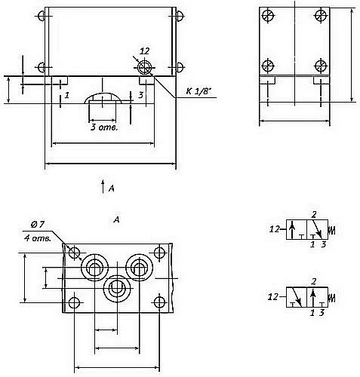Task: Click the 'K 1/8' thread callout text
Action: (198, 91)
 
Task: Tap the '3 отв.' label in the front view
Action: (104, 127)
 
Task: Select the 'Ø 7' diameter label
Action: (38, 225)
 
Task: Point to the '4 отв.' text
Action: (38, 238)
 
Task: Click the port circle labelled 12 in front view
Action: (145, 67)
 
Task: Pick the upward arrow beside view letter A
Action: (103, 187)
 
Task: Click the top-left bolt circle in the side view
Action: (268, 16)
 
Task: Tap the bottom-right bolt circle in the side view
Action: (321, 66)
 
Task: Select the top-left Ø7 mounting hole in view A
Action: (75, 253)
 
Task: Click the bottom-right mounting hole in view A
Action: (159, 302)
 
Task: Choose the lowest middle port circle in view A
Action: (117, 289)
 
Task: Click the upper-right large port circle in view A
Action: (139, 268)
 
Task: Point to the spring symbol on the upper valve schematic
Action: (332, 230)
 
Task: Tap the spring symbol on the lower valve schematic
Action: (332, 298)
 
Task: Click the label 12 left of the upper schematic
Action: (275, 229)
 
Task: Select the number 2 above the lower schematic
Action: (313, 281)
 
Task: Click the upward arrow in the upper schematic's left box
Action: (292, 230)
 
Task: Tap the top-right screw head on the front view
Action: (179, 16)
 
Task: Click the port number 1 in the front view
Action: (66, 96)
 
